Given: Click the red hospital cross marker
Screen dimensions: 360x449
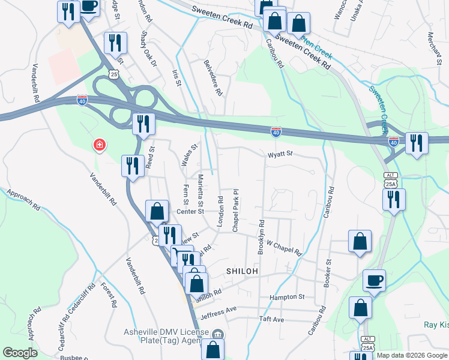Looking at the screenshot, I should [99, 145].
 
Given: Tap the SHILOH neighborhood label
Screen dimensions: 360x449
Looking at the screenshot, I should [242, 271].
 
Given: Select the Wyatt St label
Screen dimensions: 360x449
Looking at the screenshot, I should [280, 154].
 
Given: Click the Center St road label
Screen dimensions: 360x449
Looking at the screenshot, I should [190, 211].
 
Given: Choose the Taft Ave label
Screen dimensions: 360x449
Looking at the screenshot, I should [271, 319].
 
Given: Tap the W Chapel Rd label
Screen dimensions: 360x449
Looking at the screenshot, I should [283, 247].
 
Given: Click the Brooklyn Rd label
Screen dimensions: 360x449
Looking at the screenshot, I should [261, 237].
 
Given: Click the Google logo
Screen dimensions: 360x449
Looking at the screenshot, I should [20, 353].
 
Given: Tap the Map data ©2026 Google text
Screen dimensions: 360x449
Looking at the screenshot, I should [411, 355].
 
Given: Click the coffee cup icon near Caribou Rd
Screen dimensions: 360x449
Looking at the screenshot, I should [375, 281].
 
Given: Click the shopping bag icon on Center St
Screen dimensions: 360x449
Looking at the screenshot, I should [157, 211].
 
